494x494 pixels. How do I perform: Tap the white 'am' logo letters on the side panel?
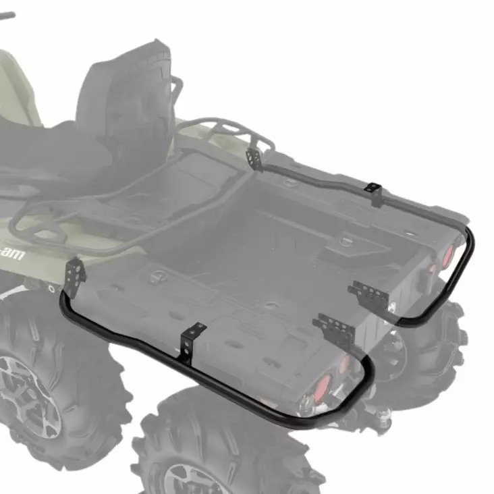click(x=11, y=254)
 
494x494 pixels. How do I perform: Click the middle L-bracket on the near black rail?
click(x=194, y=337)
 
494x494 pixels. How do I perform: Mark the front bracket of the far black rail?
click(x=254, y=159)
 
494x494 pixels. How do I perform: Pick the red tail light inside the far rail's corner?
click(x=446, y=255)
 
